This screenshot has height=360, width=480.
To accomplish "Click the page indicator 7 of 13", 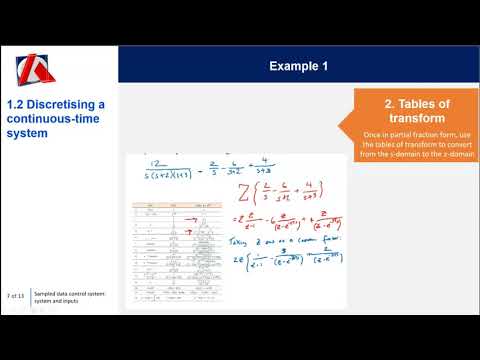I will point(15,297).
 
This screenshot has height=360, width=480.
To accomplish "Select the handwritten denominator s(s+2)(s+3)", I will point(161,174).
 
